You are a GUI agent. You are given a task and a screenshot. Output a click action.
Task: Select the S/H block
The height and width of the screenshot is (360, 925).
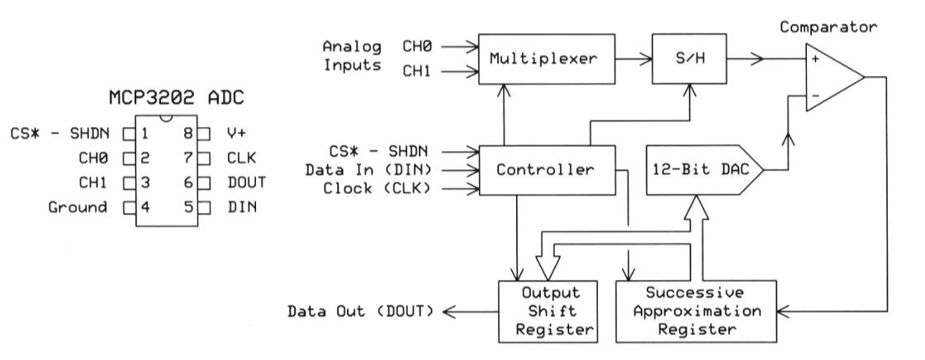682,59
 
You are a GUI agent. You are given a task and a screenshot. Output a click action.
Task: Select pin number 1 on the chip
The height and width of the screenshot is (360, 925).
144,132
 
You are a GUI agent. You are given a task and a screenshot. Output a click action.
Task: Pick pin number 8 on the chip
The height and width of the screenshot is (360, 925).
190,132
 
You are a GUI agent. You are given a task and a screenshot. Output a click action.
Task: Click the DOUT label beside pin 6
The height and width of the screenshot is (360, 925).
241,182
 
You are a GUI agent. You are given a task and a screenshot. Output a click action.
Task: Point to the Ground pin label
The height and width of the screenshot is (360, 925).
79,207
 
